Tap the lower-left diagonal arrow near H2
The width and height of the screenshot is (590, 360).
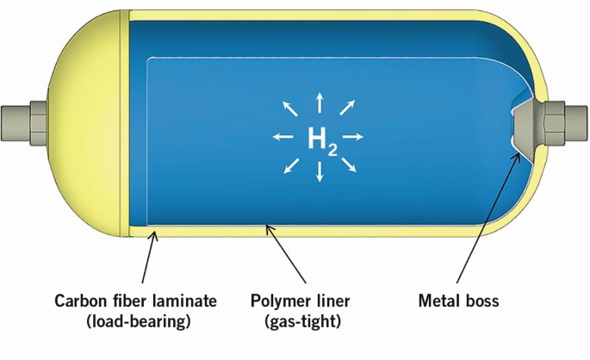pos(293,164)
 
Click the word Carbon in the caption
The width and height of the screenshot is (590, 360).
pos(80,302)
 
